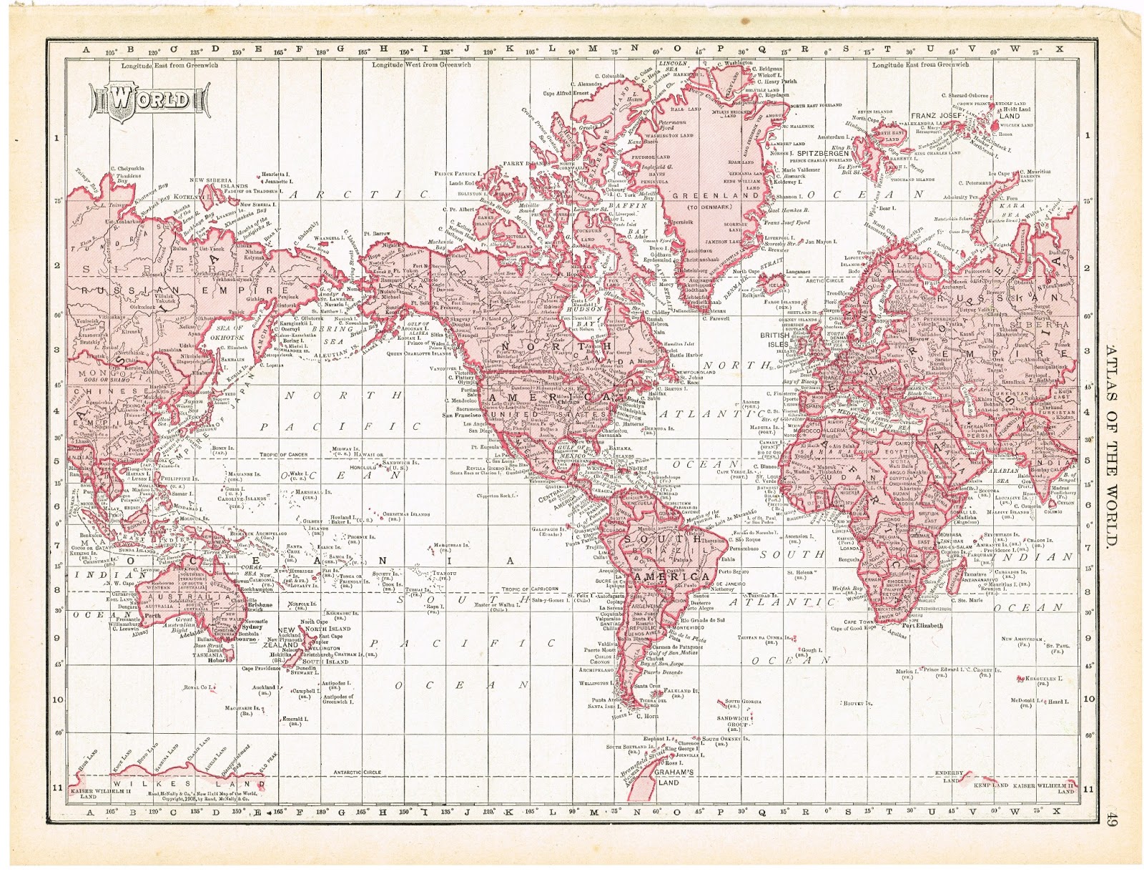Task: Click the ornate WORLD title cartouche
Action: [x=149, y=99]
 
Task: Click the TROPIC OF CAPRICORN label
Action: [x=530, y=589]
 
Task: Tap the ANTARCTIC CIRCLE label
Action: [x=357, y=772]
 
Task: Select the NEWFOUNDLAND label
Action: [x=697, y=373]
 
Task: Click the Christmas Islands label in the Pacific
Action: [x=405, y=514]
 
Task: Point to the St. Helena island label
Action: [x=801, y=572]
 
